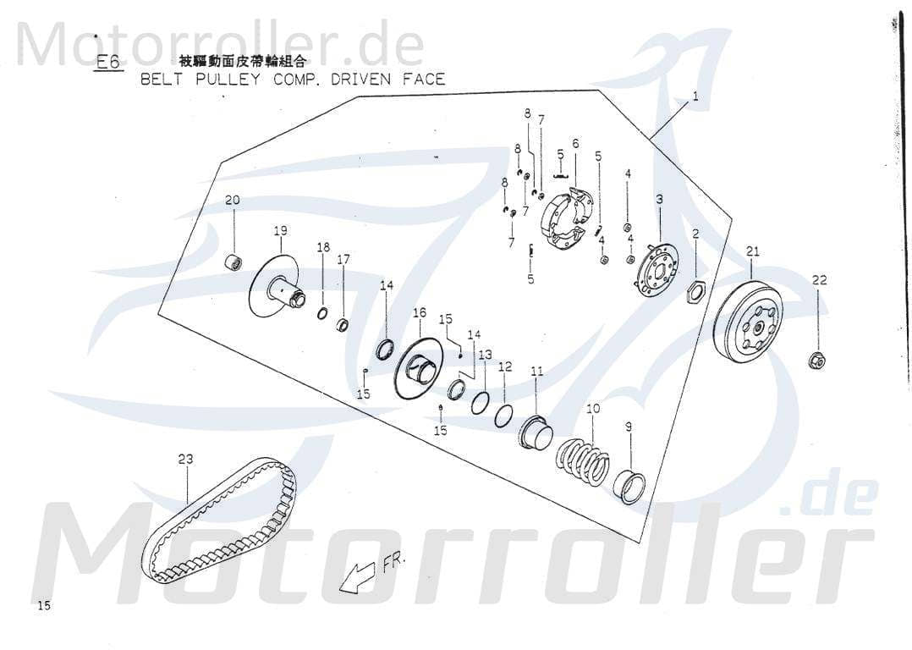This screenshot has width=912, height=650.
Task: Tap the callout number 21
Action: tap(752, 251)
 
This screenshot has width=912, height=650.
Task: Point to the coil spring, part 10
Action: tap(583, 462)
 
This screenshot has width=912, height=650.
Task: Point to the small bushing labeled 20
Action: tap(231, 259)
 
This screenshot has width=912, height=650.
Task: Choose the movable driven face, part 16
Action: tap(419, 367)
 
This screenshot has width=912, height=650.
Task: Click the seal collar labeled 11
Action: tap(536, 432)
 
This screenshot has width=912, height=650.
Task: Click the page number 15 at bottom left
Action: tap(45, 606)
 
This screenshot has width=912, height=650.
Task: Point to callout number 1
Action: tap(695, 96)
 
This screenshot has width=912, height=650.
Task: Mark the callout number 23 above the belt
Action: tap(185, 459)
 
